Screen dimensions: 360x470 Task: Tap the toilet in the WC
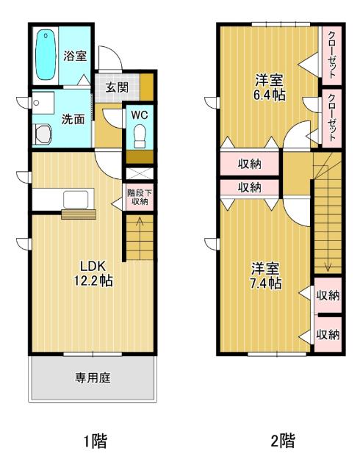(x=140, y=136)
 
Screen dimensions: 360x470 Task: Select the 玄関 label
(x=117, y=87)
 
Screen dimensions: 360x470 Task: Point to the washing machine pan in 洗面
(x=43, y=134)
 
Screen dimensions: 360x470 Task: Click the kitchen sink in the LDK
(x=76, y=199)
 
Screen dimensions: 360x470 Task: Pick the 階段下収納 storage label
(x=140, y=197)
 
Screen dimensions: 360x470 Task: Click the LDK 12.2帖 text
(x=93, y=273)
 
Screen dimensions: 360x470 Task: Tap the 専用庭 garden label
(x=93, y=377)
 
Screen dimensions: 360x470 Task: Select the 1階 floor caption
(x=95, y=441)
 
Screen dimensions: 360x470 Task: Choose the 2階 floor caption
(x=283, y=441)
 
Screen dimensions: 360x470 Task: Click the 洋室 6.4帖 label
(x=269, y=87)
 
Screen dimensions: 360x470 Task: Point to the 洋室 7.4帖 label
(x=266, y=276)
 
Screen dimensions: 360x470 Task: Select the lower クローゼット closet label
(x=332, y=117)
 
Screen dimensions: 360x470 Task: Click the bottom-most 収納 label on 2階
(x=328, y=335)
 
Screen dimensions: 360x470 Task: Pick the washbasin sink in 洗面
(x=43, y=103)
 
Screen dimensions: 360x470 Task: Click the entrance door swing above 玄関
(x=110, y=58)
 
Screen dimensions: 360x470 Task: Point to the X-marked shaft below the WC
(x=140, y=174)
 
